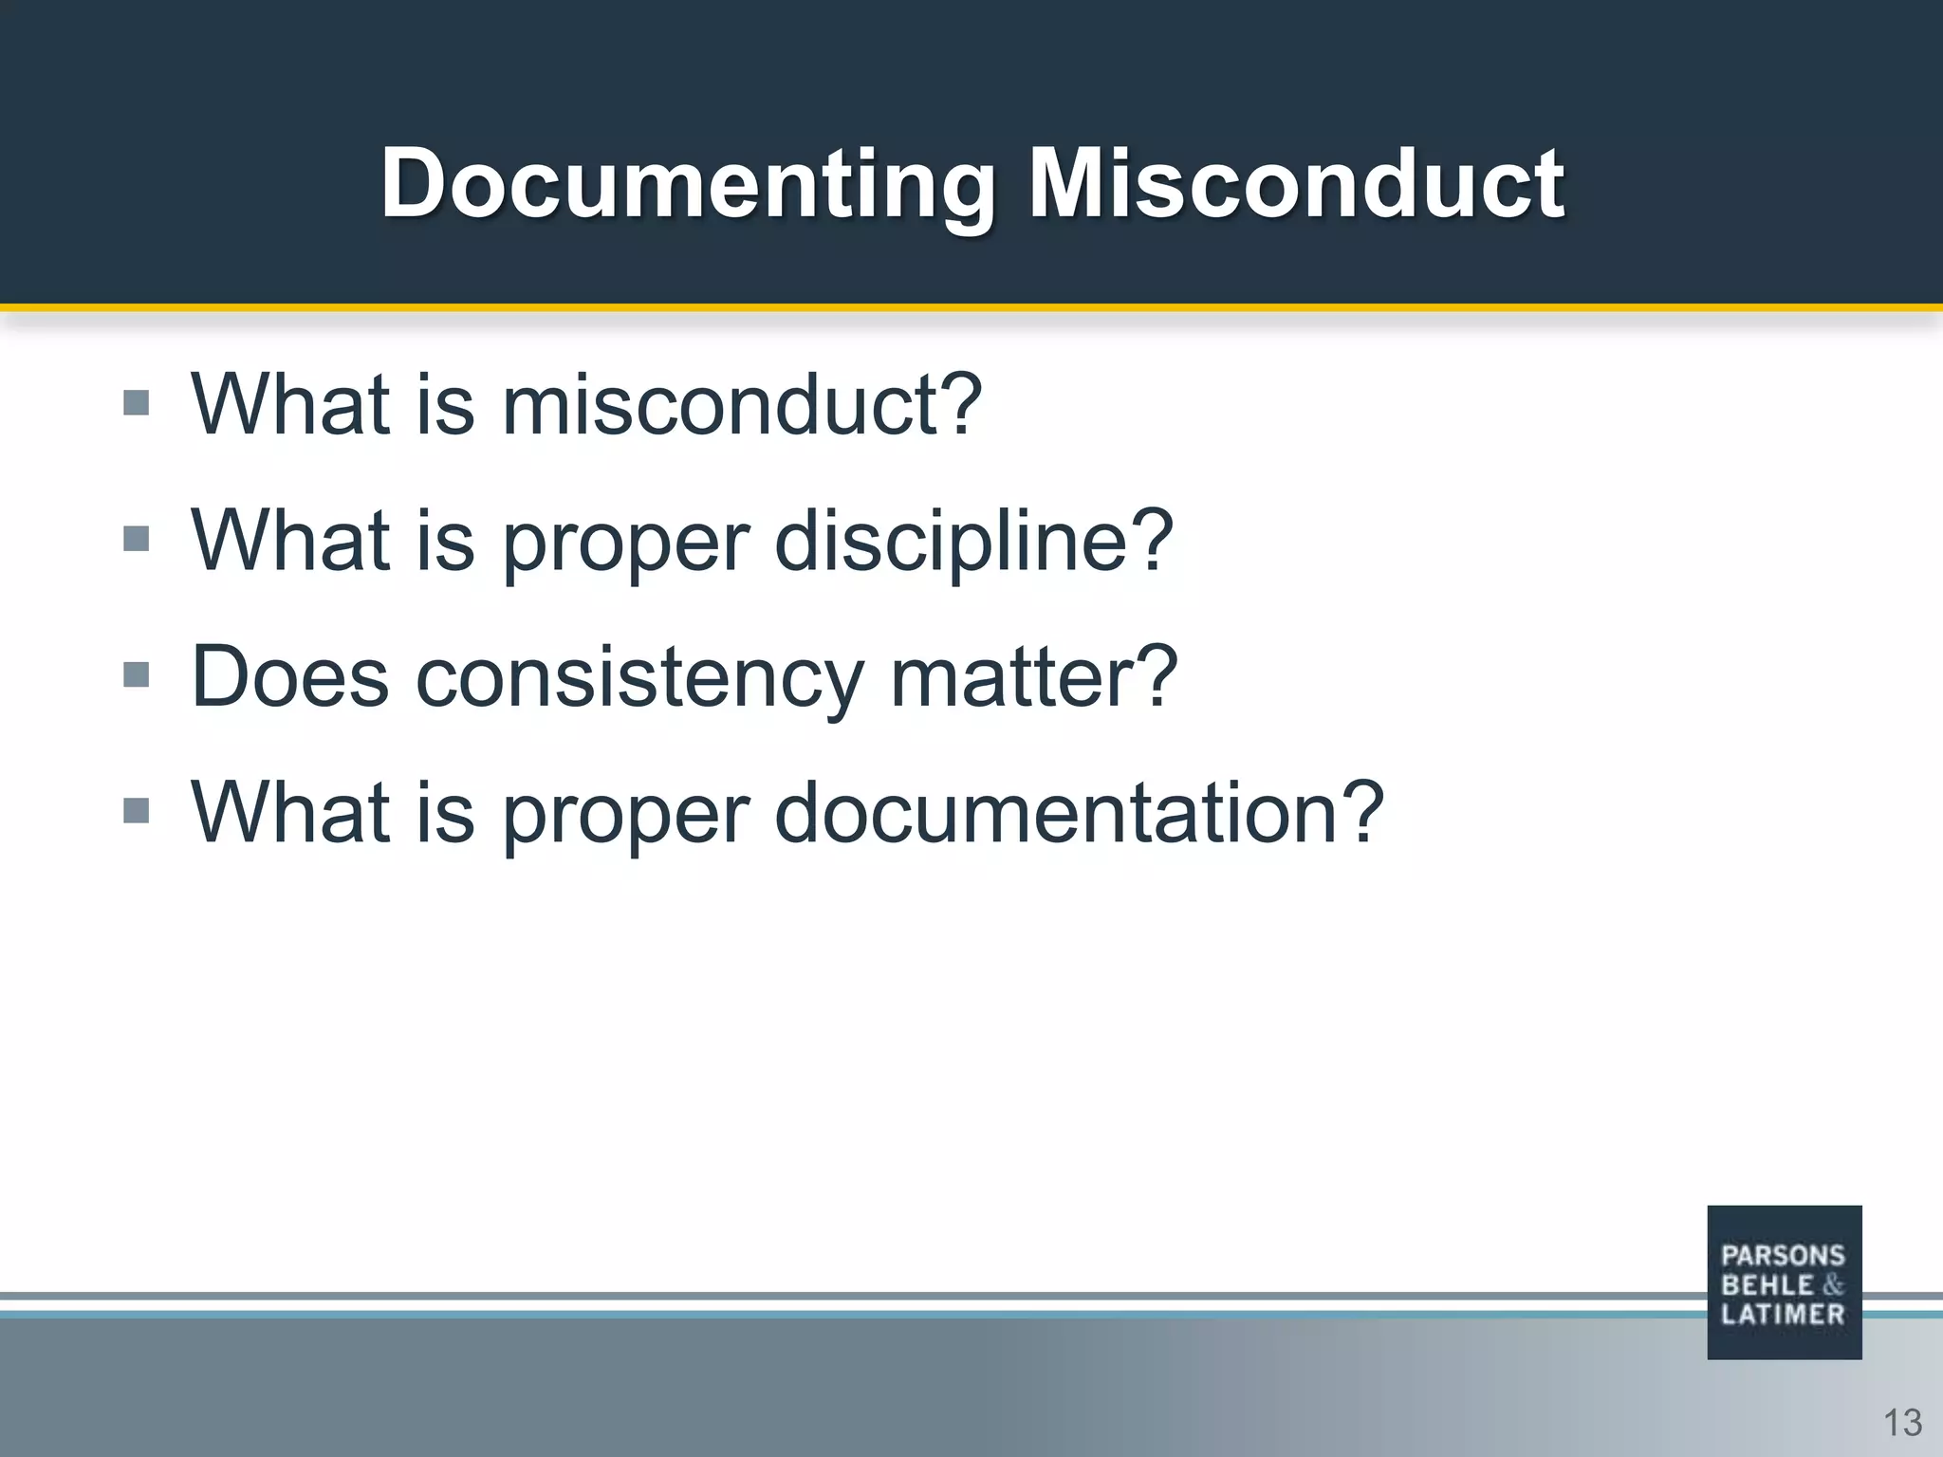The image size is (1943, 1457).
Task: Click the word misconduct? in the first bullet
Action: tap(741, 405)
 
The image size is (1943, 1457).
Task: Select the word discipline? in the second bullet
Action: tap(974, 541)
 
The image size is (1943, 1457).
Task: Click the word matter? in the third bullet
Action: tap(1033, 677)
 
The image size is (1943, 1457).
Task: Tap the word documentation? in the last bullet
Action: tap(1079, 813)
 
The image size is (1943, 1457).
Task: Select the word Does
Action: tap(290, 677)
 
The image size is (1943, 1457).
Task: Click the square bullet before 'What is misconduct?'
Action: tap(137, 403)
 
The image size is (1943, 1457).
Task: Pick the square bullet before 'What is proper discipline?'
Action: tap(137, 539)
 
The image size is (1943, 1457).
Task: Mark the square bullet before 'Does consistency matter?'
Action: tap(137, 674)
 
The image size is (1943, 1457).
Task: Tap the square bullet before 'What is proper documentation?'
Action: tap(137, 811)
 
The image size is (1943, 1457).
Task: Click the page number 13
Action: tap(1902, 1423)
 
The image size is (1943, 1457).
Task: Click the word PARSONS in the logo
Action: tap(1783, 1256)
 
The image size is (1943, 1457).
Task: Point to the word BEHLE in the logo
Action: tap(1767, 1285)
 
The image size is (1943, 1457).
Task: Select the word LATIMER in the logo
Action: tap(1783, 1315)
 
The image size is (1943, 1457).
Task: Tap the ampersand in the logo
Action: tap(1833, 1285)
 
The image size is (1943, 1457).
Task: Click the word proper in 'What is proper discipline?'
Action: tap(626, 543)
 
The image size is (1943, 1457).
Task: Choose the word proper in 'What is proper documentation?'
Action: tap(626, 815)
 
